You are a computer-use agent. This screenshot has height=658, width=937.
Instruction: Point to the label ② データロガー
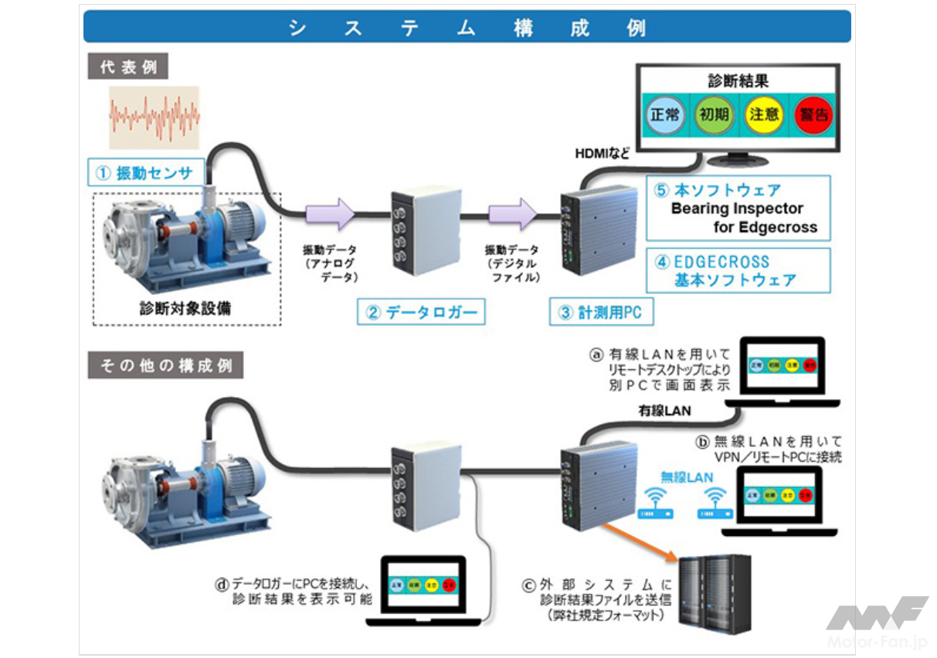point(423,313)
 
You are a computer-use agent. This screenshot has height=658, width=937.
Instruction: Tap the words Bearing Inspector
point(736,209)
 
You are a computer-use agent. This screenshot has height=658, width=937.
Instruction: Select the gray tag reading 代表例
point(128,66)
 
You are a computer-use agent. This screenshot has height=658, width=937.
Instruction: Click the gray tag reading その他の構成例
point(165,365)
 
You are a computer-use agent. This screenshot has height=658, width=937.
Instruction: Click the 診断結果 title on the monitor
point(738,80)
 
